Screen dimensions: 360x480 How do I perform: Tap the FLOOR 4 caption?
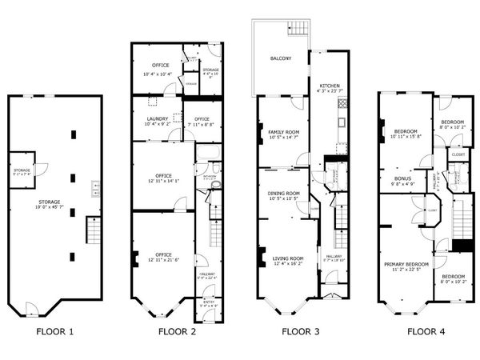click(427, 330)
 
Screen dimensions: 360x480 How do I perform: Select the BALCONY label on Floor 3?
click(280, 59)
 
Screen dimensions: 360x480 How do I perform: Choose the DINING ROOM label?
click(283, 193)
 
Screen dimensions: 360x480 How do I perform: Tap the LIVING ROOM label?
click(288, 258)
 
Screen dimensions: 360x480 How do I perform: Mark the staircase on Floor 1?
click(94, 234)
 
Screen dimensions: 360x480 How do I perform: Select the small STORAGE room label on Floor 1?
click(22, 170)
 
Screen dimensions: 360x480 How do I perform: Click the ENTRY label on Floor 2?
click(207, 302)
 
